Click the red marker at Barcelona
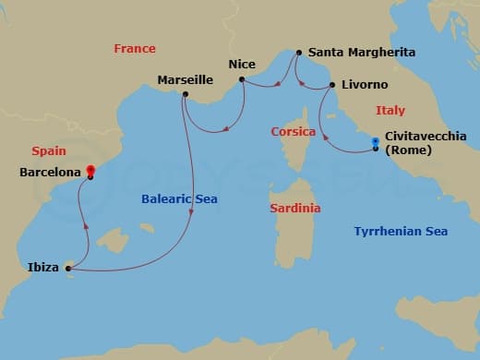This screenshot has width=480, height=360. [90, 171]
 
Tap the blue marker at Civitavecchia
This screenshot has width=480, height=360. [376, 143]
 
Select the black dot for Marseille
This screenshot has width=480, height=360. [186, 94]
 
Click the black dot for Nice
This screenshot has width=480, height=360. [242, 80]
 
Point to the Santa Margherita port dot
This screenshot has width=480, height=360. [297, 54]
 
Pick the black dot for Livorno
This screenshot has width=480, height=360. [331, 86]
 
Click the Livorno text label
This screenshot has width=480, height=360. [365, 85]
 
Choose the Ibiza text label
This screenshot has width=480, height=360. [42, 269]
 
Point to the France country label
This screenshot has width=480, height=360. [135, 48]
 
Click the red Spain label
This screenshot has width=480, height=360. [48, 150]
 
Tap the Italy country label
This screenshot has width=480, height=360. [390, 111]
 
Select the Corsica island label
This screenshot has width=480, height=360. [294, 132]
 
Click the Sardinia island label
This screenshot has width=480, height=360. [295, 209]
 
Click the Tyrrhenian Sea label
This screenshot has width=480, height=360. [401, 232]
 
